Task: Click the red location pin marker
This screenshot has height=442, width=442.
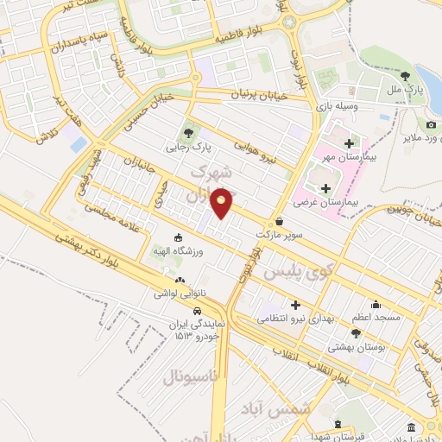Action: click(x=222, y=202)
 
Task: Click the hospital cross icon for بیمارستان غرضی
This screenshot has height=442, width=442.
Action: click(x=325, y=187)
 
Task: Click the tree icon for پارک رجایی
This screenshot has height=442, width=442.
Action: click(x=187, y=132)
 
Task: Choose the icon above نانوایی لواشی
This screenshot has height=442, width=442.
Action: click(x=180, y=280)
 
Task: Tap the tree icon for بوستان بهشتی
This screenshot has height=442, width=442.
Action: click(x=356, y=332)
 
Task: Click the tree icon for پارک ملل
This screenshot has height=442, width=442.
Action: click(x=406, y=75)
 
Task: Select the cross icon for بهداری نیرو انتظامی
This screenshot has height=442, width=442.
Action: click(x=296, y=305)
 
